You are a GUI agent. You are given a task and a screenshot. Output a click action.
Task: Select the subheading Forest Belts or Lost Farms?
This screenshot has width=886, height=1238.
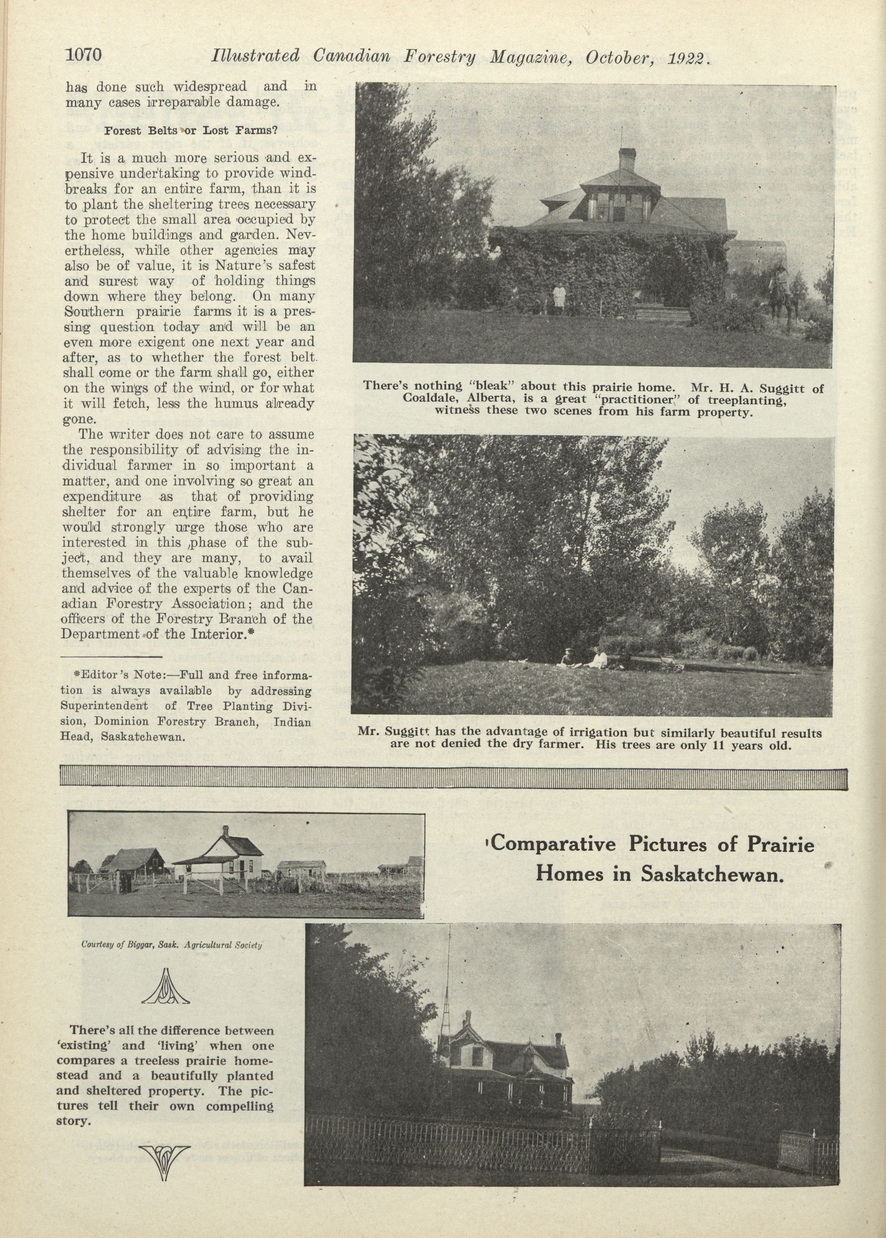point(191,131)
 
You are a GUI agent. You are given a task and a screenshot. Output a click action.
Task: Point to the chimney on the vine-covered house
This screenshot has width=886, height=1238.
point(626,159)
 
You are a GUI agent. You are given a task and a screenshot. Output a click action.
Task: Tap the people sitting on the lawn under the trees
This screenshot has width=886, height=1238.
point(584,659)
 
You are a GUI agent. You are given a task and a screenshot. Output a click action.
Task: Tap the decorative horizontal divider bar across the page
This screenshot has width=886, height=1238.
point(453,777)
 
